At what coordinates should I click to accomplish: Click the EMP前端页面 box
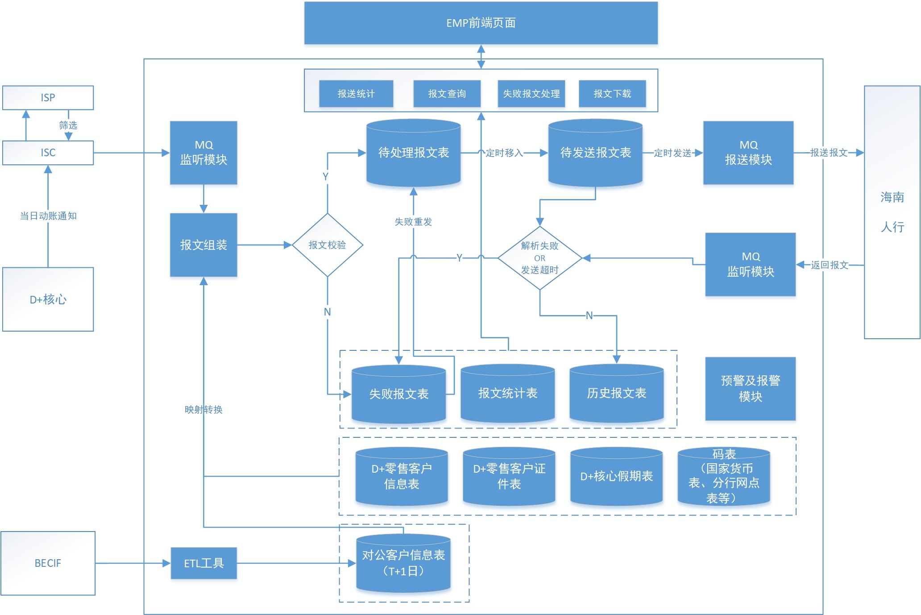(x=481, y=23)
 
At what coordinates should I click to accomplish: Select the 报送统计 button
(x=356, y=94)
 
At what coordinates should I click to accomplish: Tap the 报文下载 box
(x=612, y=94)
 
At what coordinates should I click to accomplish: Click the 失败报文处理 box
(x=531, y=94)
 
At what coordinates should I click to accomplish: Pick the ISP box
(x=48, y=98)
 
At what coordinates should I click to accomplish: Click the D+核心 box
(x=48, y=299)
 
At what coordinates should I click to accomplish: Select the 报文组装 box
(x=203, y=245)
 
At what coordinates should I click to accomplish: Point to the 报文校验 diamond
(x=328, y=245)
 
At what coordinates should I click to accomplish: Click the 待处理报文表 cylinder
(x=414, y=153)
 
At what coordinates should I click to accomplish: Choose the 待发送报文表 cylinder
(x=595, y=153)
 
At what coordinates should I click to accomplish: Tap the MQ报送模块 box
(x=748, y=153)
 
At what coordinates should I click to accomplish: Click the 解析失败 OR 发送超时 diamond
(x=540, y=258)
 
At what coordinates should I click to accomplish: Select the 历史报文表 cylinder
(x=617, y=393)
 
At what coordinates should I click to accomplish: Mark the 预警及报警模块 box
(x=751, y=389)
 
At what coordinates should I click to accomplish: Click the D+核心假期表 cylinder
(x=617, y=476)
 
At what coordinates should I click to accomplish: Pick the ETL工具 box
(x=204, y=563)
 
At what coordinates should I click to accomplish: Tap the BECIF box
(x=48, y=563)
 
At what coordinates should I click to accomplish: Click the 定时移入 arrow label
(x=504, y=153)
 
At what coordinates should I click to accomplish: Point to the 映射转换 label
(x=203, y=410)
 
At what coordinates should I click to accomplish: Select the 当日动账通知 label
(x=48, y=216)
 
